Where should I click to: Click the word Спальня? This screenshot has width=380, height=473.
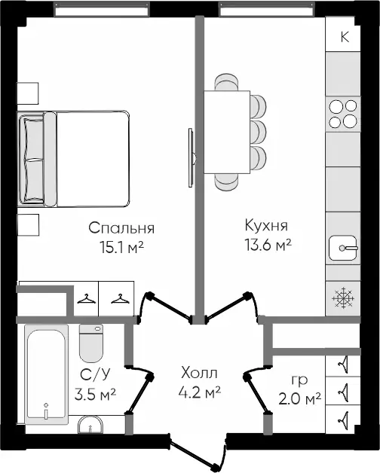121,228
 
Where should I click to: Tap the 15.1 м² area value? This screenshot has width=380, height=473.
122,247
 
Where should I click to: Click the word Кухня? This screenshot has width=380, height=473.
266,225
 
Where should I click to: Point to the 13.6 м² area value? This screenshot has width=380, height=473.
268,245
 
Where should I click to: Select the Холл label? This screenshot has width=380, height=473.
199,373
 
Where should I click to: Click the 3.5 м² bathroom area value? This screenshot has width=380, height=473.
96,394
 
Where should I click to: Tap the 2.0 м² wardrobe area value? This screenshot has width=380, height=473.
299,399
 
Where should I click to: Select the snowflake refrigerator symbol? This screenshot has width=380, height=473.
343,298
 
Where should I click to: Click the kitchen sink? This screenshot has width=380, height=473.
343,248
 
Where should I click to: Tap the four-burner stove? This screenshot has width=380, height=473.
343,114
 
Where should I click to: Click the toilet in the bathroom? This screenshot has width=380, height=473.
91,343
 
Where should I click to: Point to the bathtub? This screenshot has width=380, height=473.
46,374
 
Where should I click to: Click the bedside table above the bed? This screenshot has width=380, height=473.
27,93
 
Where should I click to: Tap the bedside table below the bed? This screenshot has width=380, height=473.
28,225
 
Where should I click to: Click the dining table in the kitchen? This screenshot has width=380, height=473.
227,132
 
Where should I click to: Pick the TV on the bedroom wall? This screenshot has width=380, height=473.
192,157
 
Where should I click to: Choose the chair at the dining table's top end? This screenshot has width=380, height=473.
226,82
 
